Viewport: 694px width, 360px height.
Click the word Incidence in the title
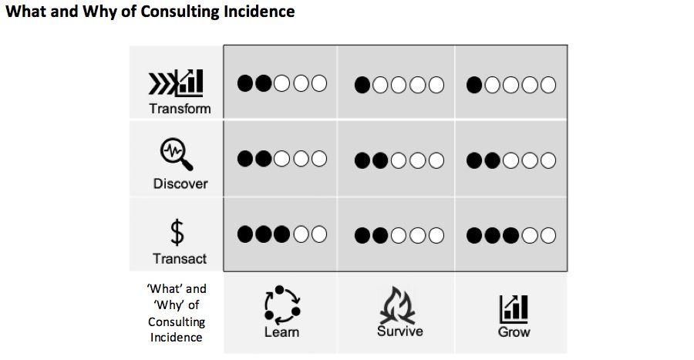pyautogui.click(x=259, y=13)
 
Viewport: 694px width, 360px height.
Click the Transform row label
pyautogui.click(x=180, y=108)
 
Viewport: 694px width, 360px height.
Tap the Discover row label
pyautogui.click(x=180, y=183)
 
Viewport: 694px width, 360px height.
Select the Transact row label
pyautogui.click(x=180, y=258)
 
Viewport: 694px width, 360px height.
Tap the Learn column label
pyautogui.click(x=281, y=331)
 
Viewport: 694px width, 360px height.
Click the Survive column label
pyautogui.click(x=399, y=331)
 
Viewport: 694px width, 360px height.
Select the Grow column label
pyautogui.click(x=514, y=332)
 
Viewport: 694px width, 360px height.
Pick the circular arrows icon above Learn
pyautogui.click(x=282, y=304)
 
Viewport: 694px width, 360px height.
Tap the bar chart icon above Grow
pyautogui.click(x=514, y=308)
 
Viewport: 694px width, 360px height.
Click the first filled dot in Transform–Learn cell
pyautogui.click(x=246, y=82)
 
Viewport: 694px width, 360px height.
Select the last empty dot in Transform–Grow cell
pyautogui.click(x=548, y=84)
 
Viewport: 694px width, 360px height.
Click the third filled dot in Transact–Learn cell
pyautogui.click(x=281, y=233)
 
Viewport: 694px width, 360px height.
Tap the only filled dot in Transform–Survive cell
pyautogui.click(x=362, y=84)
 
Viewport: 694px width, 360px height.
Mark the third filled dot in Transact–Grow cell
pyautogui.click(x=511, y=234)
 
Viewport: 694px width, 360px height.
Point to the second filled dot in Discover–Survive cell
pyautogui.click(x=380, y=160)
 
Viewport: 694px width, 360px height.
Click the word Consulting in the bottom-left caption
pyautogui.click(x=177, y=322)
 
